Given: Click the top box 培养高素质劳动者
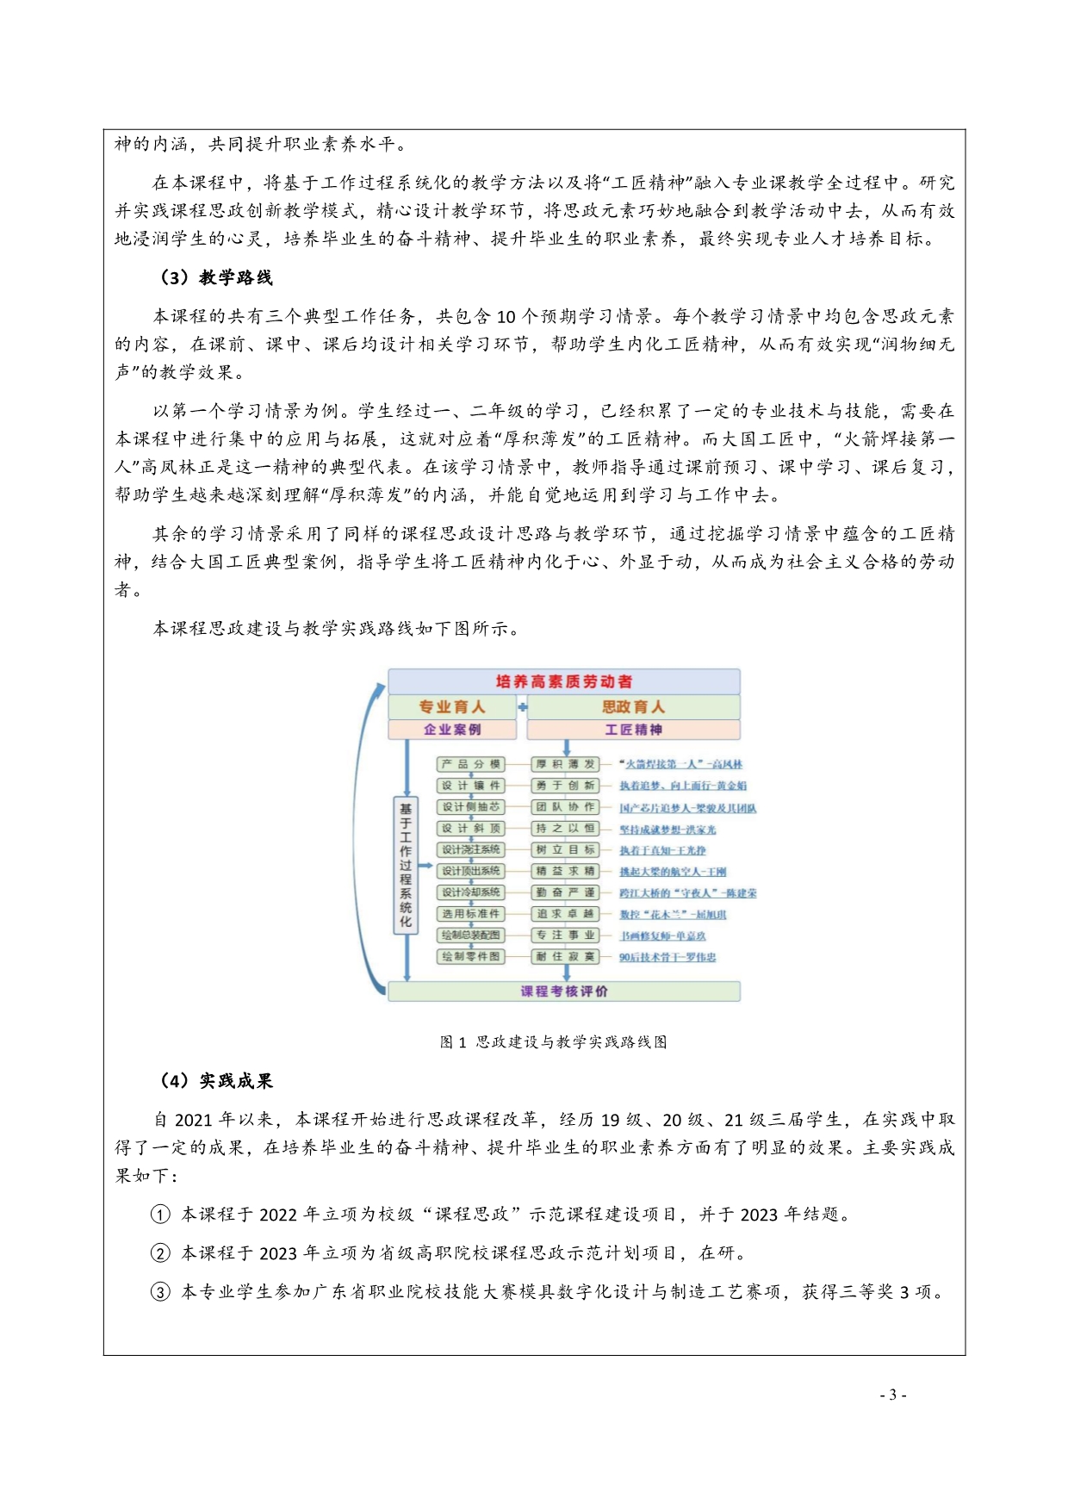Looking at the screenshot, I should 564,681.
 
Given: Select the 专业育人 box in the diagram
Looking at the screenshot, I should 452,707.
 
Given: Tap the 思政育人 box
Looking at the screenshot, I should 633,707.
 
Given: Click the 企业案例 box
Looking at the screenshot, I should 452,730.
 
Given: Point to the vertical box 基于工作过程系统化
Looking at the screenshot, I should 406,865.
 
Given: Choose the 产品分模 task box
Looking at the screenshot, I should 470,764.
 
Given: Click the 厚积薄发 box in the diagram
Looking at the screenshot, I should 565,764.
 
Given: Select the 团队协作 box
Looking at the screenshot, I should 565,807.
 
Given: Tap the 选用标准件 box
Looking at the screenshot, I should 470,914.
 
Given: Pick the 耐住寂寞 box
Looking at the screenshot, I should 565,957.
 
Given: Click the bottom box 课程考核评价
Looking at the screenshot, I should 564,991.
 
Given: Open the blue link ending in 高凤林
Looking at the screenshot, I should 680,764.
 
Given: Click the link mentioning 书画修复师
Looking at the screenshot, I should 662,935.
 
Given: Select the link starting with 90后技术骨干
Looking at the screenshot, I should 667,957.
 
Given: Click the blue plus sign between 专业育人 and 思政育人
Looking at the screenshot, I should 522,707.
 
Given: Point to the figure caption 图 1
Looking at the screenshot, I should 553,1042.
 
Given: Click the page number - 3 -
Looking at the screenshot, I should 893,1395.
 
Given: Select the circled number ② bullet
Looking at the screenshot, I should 161,1253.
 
